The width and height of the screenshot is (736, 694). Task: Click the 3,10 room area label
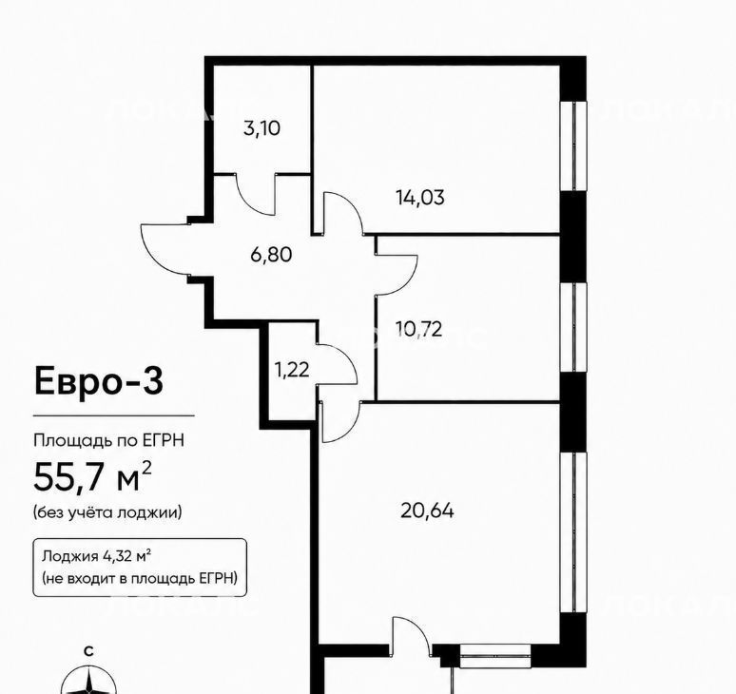point(261,127)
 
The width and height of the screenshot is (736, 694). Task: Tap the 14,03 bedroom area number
point(420,197)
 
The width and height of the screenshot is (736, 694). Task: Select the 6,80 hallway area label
point(271,255)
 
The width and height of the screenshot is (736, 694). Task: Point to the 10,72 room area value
point(418,329)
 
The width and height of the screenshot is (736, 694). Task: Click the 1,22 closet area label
point(292,370)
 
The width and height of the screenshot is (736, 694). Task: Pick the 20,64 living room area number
point(427,511)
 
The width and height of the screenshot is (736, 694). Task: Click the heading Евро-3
point(99,381)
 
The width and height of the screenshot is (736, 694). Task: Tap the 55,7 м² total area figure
point(92,476)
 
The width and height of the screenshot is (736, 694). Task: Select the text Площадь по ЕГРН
point(109,440)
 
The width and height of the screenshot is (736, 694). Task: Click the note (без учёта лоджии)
point(107,511)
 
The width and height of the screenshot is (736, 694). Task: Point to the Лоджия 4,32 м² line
point(96,556)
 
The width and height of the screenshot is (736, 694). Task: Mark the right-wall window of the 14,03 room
point(574,145)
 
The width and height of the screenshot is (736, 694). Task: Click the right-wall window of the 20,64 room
point(574,532)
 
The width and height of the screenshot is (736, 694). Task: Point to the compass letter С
point(88,651)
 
